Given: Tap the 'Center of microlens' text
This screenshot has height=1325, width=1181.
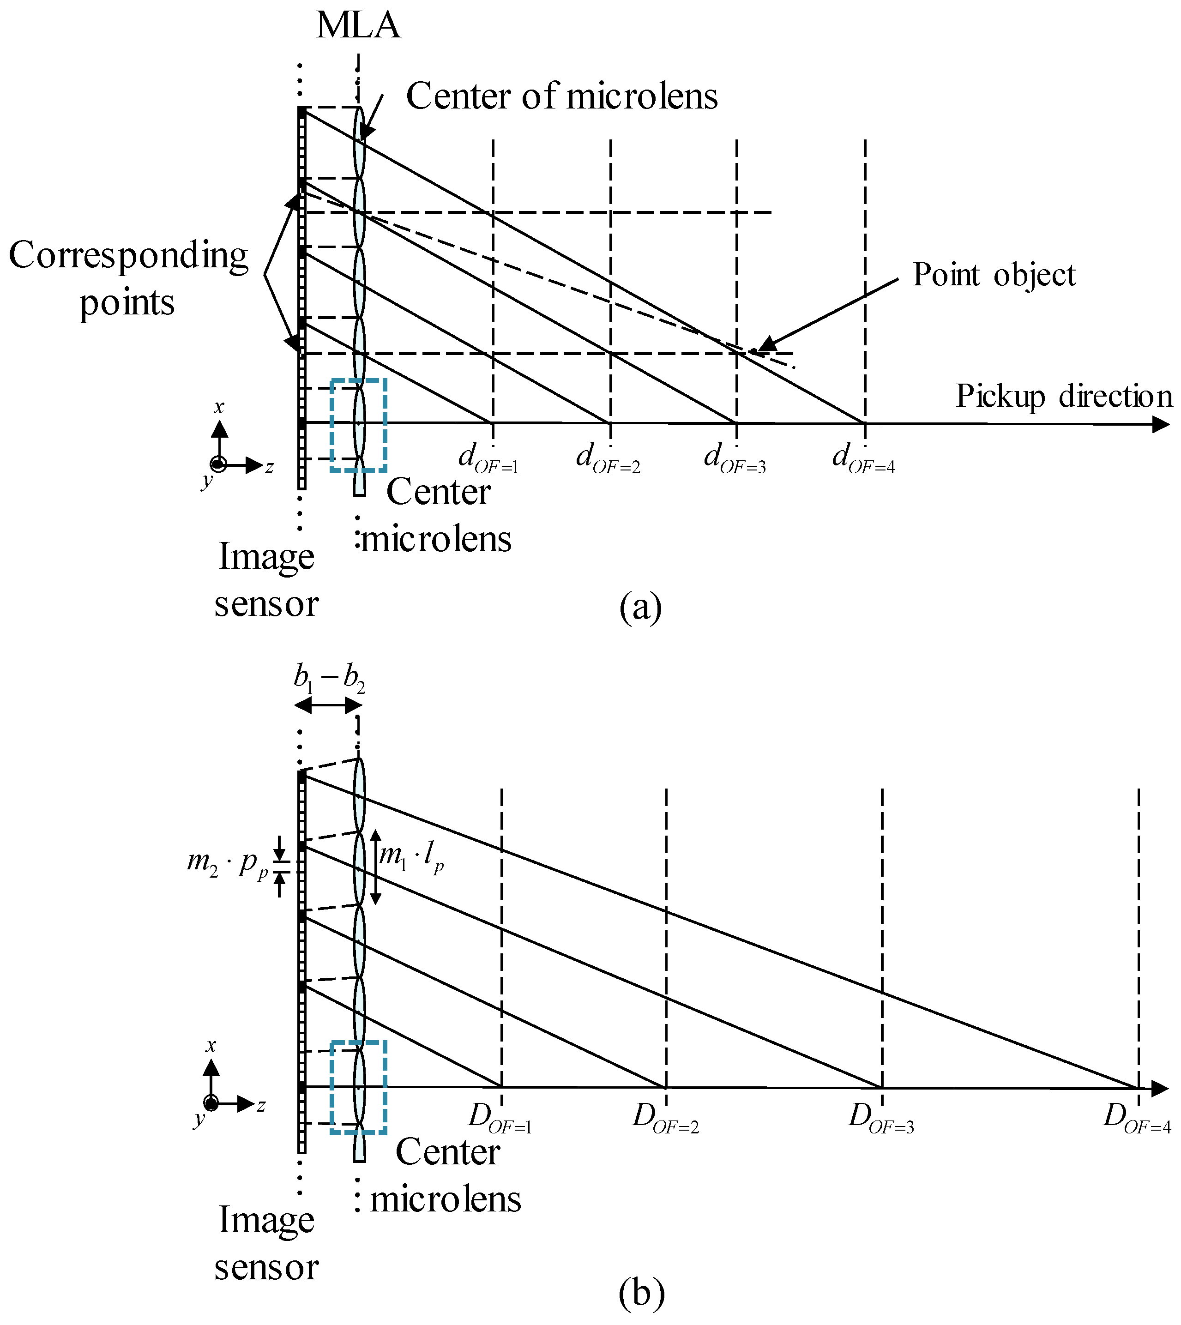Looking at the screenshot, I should point(561,96).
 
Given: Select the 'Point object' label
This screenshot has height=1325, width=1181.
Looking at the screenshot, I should point(994,275).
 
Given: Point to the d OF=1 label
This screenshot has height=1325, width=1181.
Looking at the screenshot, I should point(488,458).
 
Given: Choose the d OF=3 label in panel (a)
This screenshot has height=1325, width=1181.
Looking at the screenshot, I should point(735,458).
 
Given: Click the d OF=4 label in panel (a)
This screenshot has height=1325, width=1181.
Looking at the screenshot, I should point(863,458).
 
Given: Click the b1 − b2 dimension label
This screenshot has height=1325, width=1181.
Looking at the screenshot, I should point(329,679).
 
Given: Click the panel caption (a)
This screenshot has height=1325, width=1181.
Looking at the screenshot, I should point(640,608).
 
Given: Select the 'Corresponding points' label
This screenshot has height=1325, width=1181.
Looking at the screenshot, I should point(128,278).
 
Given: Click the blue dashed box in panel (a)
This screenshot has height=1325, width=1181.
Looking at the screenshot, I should point(358,425).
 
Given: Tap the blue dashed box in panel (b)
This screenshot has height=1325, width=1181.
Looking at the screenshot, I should point(358,1088).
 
